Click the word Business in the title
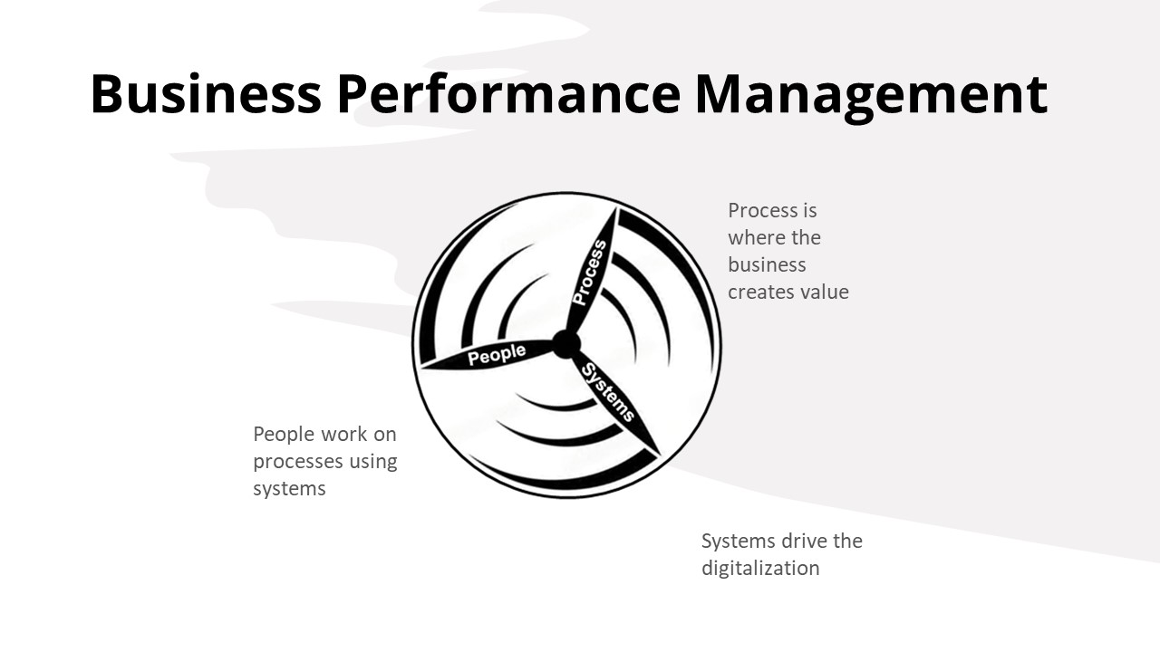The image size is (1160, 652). click(206, 93)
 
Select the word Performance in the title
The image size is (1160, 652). click(508, 93)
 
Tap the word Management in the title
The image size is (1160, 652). click(871, 97)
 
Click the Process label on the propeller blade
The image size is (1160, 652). click(590, 273)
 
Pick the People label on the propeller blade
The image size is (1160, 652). click(497, 354)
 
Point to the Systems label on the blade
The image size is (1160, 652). click(608, 392)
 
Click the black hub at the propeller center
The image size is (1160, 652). click(566, 344)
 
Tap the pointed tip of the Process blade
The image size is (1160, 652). click(617, 208)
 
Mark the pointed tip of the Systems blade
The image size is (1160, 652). click(659, 455)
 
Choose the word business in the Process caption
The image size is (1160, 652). click(767, 264)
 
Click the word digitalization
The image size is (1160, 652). click(760, 568)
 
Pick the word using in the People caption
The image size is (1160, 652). click(372, 462)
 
